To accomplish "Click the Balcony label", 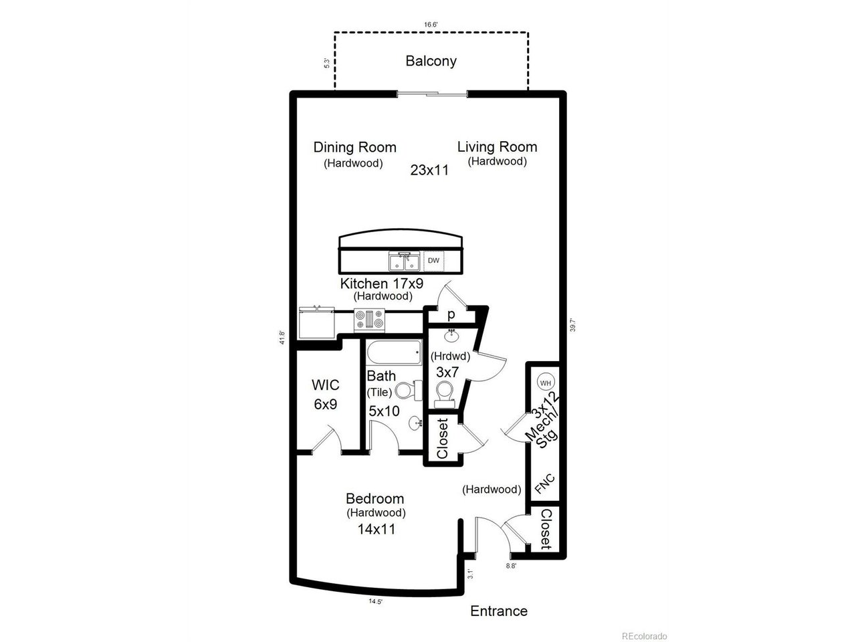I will (431, 61).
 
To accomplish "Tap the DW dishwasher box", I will (434, 261).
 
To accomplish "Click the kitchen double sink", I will (404, 260).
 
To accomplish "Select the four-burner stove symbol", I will (370, 319).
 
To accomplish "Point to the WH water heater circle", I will (546, 383).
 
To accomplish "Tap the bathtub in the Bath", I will (393, 350).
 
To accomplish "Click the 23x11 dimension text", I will (429, 170).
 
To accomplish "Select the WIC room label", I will (326, 385).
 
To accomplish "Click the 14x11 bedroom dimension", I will (376, 529).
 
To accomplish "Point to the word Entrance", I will (499, 611).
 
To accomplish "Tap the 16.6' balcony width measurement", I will (431, 25).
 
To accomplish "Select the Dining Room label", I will (354, 147).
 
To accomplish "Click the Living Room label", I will (497, 147).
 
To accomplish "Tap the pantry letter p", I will (451, 314).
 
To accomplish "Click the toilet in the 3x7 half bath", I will (444, 394).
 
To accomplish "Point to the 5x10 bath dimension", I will (384, 411).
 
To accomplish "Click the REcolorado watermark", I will (643, 636).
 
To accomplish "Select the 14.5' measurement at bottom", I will (375, 601).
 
